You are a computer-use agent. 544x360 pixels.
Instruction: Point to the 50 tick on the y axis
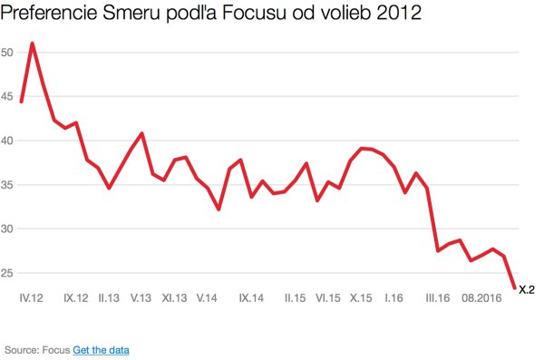coord(6,53)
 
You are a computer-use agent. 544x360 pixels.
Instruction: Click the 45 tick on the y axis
coord(6,97)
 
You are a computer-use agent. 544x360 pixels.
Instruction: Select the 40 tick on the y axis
coord(6,141)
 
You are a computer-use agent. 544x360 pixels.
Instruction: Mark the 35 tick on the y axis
coord(6,185)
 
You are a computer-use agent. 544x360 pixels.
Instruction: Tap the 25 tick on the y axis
coord(6,273)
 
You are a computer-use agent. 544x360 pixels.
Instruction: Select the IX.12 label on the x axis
coord(76,297)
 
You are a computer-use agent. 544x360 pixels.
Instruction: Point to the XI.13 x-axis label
coord(175,297)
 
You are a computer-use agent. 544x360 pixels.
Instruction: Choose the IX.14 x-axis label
coord(251,297)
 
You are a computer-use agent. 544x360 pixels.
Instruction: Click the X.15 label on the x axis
coord(361,297)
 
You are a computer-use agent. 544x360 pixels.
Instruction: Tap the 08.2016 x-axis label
coord(481,297)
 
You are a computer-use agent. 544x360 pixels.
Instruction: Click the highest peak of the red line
coord(33,44)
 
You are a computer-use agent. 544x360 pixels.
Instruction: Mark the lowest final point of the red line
coord(515,287)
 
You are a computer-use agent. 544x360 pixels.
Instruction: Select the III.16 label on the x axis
coord(437,297)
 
